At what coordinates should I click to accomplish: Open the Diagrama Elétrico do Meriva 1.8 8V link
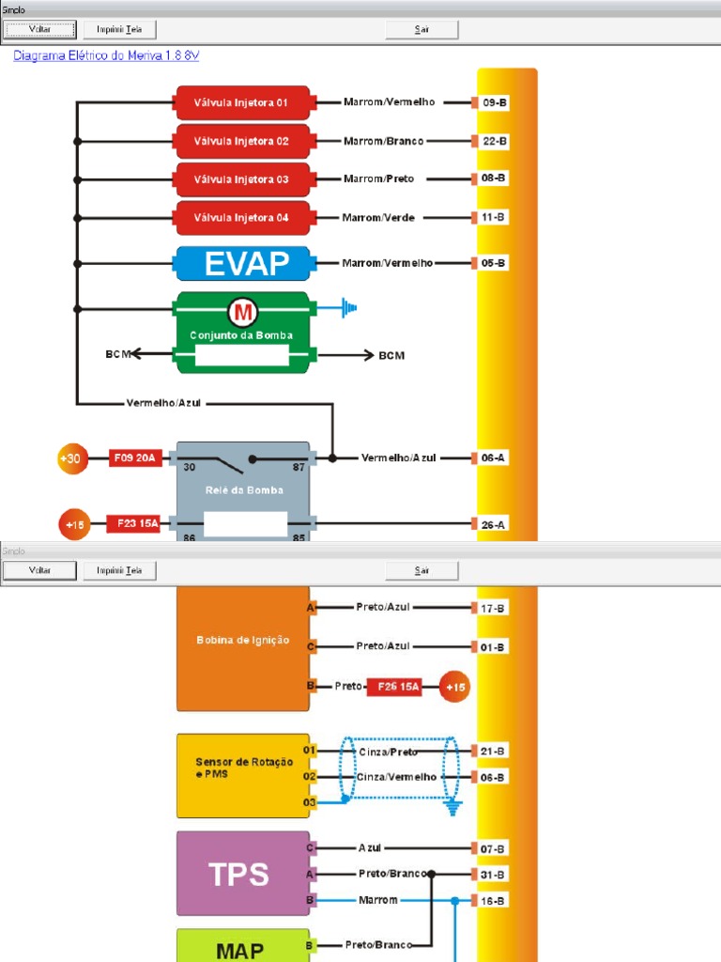[x=106, y=55]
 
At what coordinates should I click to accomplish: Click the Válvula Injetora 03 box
[x=242, y=179]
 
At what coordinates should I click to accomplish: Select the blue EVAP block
[x=242, y=263]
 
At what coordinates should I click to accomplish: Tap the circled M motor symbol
[x=243, y=312]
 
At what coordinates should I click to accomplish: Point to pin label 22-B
[x=494, y=141]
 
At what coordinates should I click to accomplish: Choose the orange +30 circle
[x=72, y=459]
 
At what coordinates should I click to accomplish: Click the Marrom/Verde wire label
[x=378, y=217]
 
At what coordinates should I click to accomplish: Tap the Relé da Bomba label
[x=243, y=489]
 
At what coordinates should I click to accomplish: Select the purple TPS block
[x=242, y=874]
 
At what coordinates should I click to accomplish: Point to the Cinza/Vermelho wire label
[x=396, y=777]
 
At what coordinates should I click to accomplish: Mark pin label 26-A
[x=494, y=524]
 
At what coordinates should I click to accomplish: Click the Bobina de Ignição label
[x=242, y=640]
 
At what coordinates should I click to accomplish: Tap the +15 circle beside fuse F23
[x=73, y=524]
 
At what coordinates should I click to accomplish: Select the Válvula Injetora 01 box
[x=242, y=102]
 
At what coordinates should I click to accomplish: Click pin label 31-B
[x=494, y=875]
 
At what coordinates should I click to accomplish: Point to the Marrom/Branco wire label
[x=383, y=141]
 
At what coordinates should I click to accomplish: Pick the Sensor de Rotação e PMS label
[x=242, y=768]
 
